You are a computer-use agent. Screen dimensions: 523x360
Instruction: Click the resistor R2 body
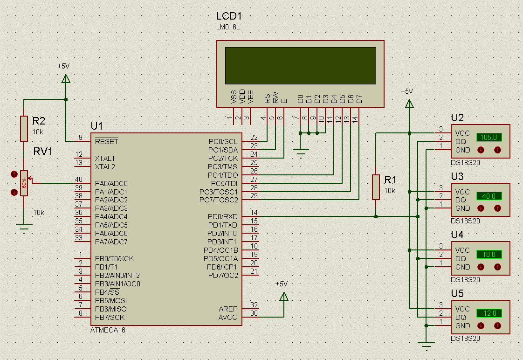point(24,128)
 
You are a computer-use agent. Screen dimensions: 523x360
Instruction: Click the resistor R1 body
point(376,187)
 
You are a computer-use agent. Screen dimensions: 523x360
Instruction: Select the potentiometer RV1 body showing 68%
point(24,183)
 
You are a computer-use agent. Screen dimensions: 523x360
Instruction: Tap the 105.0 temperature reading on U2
point(489,138)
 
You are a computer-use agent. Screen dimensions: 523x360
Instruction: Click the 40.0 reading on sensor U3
point(489,196)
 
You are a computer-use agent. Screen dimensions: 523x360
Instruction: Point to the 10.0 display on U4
point(489,255)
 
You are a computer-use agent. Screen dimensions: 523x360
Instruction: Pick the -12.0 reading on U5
point(489,313)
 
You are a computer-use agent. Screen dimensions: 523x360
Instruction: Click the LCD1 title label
point(229,16)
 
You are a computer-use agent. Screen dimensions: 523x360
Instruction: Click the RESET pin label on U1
point(106,141)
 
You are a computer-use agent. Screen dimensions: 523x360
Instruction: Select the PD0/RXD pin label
point(222,217)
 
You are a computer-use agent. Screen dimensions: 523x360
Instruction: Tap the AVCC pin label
point(227,317)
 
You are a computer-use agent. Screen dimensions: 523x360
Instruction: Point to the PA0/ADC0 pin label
point(111,184)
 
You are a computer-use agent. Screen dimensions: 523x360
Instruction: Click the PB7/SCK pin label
point(110,317)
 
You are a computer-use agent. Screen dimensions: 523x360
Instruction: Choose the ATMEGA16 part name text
point(108,330)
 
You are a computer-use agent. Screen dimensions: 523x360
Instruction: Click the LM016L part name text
point(228,27)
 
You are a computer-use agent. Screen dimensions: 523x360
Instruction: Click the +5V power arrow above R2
point(66,79)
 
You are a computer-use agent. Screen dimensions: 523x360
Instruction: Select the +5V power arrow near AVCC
point(284,296)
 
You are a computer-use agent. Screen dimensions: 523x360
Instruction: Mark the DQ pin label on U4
point(461,258)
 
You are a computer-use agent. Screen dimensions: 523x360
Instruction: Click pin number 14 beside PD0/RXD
point(254,213)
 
